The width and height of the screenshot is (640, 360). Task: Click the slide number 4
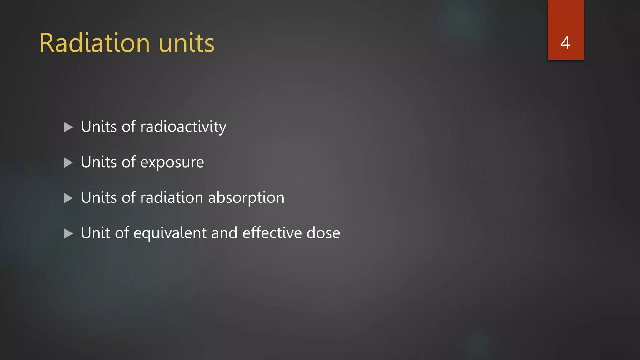point(565,43)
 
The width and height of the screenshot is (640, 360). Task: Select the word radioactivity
point(183,127)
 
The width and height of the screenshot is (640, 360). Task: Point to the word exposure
point(172,162)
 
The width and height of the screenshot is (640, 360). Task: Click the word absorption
point(246,198)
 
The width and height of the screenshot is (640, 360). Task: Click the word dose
point(323,233)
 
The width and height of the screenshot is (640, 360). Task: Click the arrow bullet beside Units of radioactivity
point(68,127)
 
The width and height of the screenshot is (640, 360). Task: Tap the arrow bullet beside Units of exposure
point(68,162)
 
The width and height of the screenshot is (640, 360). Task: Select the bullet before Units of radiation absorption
point(68,198)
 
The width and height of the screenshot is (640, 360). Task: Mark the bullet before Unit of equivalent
point(68,233)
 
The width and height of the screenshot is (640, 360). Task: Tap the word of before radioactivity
point(129,127)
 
